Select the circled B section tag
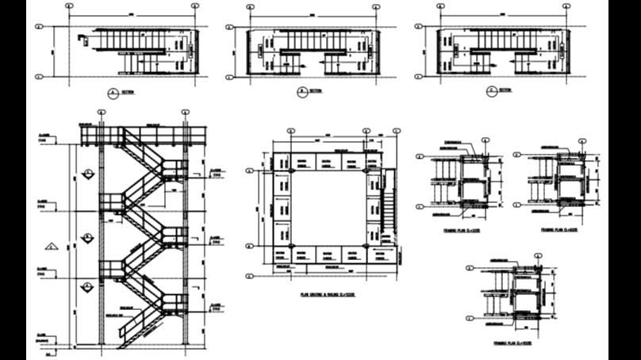pos(301,93)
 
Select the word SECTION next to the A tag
pos(128,93)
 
